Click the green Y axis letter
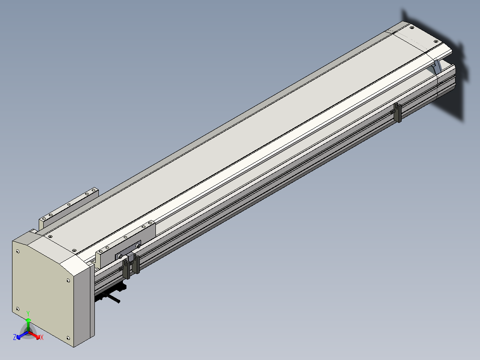pos(28,313)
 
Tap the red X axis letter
pos(42,337)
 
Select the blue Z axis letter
pos(14,337)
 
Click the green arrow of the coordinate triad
pos(28,324)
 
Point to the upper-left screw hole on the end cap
pos(18,252)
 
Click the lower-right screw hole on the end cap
pos(68,338)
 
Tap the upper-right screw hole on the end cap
pos(68,280)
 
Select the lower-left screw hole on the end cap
pos(17,309)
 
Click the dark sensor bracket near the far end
pos(397,112)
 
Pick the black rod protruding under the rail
pos(111,298)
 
